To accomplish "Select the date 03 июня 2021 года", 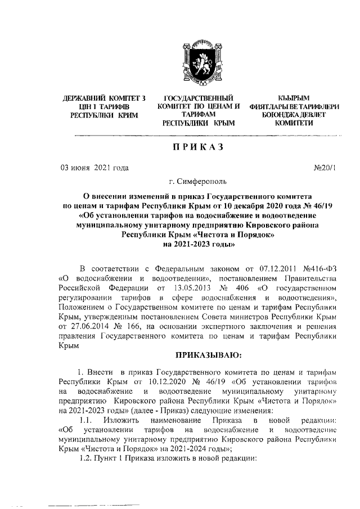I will [93, 168].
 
